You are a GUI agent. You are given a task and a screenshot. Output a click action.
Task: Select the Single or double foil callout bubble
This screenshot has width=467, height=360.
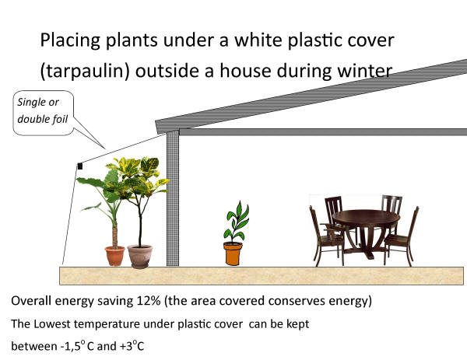(43, 113)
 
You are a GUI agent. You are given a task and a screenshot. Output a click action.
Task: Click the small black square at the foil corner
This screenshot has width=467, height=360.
(80, 166)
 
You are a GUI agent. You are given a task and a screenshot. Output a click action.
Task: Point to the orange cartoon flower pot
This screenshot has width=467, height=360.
(233, 253)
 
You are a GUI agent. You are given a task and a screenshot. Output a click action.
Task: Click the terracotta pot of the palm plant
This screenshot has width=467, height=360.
(114, 256)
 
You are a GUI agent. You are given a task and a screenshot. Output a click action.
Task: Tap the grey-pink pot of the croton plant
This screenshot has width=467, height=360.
(139, 257)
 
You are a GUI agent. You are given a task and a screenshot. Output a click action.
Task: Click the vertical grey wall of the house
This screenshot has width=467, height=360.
(173, 198)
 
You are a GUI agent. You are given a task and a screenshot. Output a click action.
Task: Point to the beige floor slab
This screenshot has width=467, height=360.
(262, 276)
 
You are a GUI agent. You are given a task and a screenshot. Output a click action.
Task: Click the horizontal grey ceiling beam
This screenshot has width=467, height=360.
(323, 132)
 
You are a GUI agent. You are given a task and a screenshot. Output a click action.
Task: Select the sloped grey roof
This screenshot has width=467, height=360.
(311, 96)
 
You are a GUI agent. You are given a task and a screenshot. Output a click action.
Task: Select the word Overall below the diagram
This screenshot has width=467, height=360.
(31, 301)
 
